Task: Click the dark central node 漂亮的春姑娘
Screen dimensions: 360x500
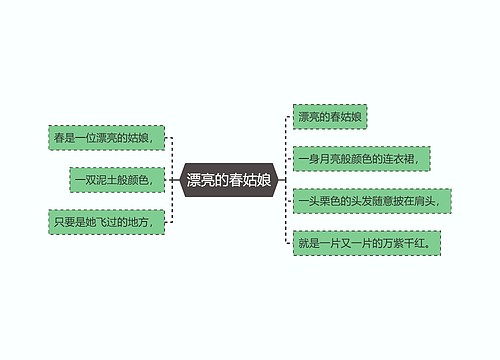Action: coord(229,181)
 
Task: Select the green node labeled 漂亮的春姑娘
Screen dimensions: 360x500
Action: coord(330,117)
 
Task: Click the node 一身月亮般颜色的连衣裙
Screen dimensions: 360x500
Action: coord(364,159)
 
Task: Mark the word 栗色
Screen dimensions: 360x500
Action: coord(332,201)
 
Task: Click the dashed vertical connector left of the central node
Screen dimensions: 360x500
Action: coord(173,180)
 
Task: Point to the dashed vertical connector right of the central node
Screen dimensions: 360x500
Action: coord(284,180)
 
